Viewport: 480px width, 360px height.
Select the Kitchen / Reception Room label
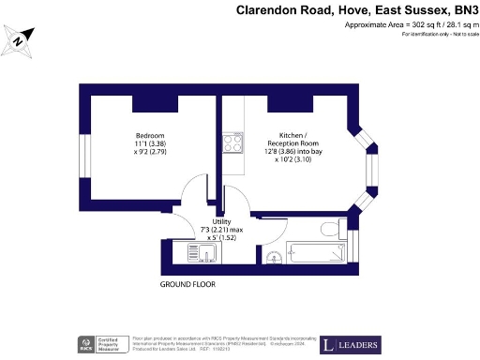(x=290, y=137)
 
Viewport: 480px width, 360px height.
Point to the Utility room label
(x=221, y=219)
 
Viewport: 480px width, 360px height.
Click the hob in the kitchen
(x=232, y=143)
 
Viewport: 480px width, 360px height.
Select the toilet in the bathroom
(x=329, y=229)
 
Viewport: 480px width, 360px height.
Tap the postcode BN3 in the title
(x=457, y=10)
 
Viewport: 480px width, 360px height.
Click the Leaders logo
(x=352, y=344)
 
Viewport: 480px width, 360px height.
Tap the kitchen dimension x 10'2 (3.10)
(x=290, y=159)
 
